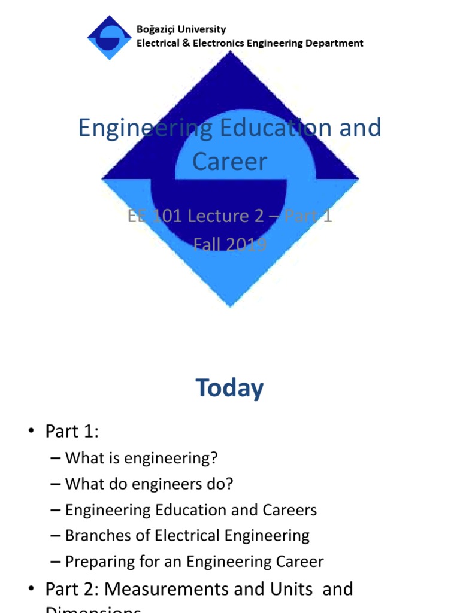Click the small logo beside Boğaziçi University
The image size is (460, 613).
click(x=109, y=37)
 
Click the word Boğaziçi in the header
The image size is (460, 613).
click(x=157, y=29)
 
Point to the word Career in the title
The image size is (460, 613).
click(x=229, y=161)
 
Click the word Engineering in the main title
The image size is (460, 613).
click(x=145, y=128)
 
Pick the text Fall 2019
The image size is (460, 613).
click(x=230, y=244)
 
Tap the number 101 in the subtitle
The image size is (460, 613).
click(x=165, y=216)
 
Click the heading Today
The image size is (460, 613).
click(x=230, y=389)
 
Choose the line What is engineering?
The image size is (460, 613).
click(x=141, y=459)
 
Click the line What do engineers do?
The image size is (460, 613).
click(x=149, y=484)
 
